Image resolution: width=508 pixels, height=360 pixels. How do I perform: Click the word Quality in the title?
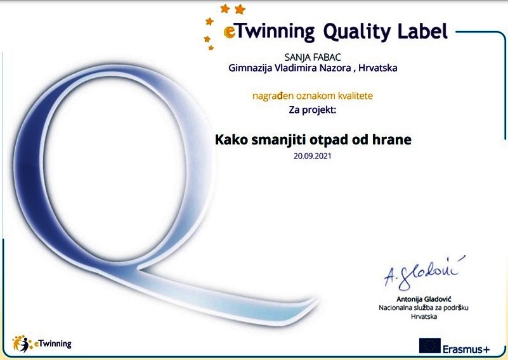coord(357,32)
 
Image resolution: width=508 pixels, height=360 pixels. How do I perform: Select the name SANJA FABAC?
coord(313,58)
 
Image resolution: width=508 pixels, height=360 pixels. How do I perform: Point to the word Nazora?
coord(337,68)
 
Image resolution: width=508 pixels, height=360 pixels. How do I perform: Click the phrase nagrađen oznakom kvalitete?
coord(313,96)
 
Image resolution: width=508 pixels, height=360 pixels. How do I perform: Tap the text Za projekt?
coord(313,110)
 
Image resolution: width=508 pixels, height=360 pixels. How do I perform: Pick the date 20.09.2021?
coord(313,156)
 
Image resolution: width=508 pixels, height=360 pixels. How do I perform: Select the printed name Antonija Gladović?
coord(424,299)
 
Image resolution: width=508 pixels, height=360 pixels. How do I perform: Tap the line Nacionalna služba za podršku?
coord(424,308)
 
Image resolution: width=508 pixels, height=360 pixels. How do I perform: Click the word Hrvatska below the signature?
coord(424,316)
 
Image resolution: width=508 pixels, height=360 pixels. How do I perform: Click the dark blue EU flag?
coord(429,345)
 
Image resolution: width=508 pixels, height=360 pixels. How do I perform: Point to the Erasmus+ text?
coord(466,349)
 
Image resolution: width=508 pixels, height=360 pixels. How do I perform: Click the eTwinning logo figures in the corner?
coord(22,344)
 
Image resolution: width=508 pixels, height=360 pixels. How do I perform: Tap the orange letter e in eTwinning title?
coord(230,32)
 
